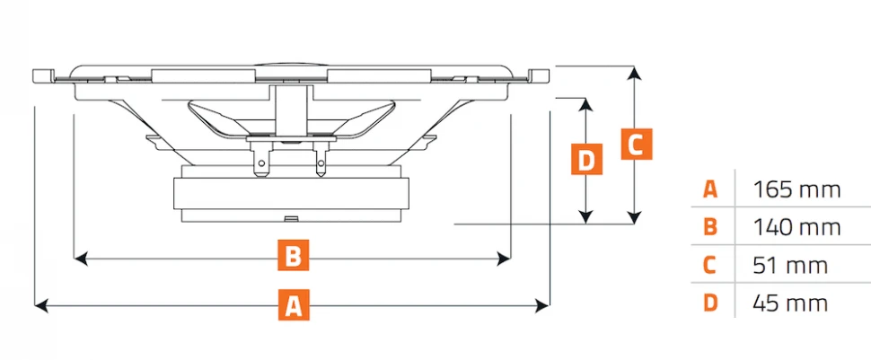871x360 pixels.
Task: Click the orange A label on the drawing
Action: pos(292,306)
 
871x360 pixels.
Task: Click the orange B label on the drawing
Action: pos(292,258)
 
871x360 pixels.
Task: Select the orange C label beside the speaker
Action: pos(635,144)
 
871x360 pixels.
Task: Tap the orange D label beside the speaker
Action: pos(585,161)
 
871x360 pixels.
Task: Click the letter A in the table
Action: pos(710,189)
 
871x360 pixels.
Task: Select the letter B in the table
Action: pos(710,227)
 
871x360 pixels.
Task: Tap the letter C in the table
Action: pos(710,266)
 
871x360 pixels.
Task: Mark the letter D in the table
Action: pos(710,303)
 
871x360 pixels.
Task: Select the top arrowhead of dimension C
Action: pos(635,72)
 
